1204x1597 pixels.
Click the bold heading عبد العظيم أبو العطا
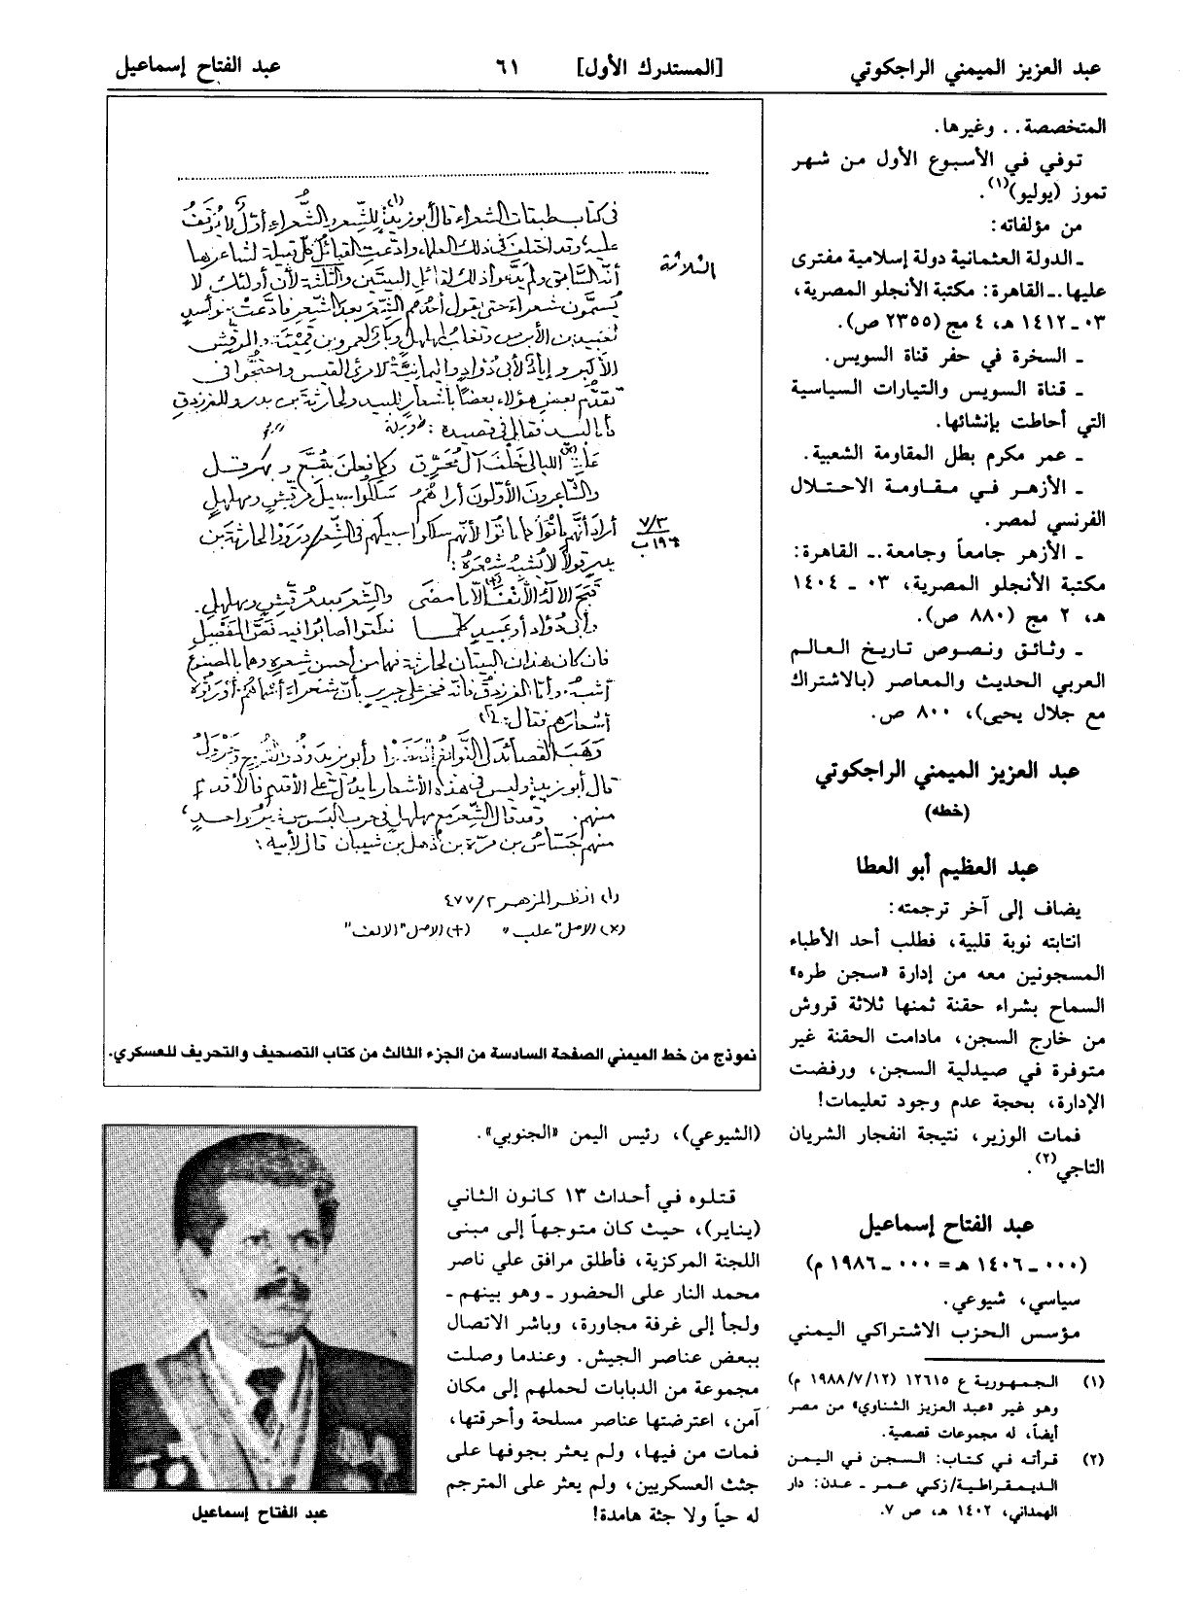(x=944, y=865)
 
